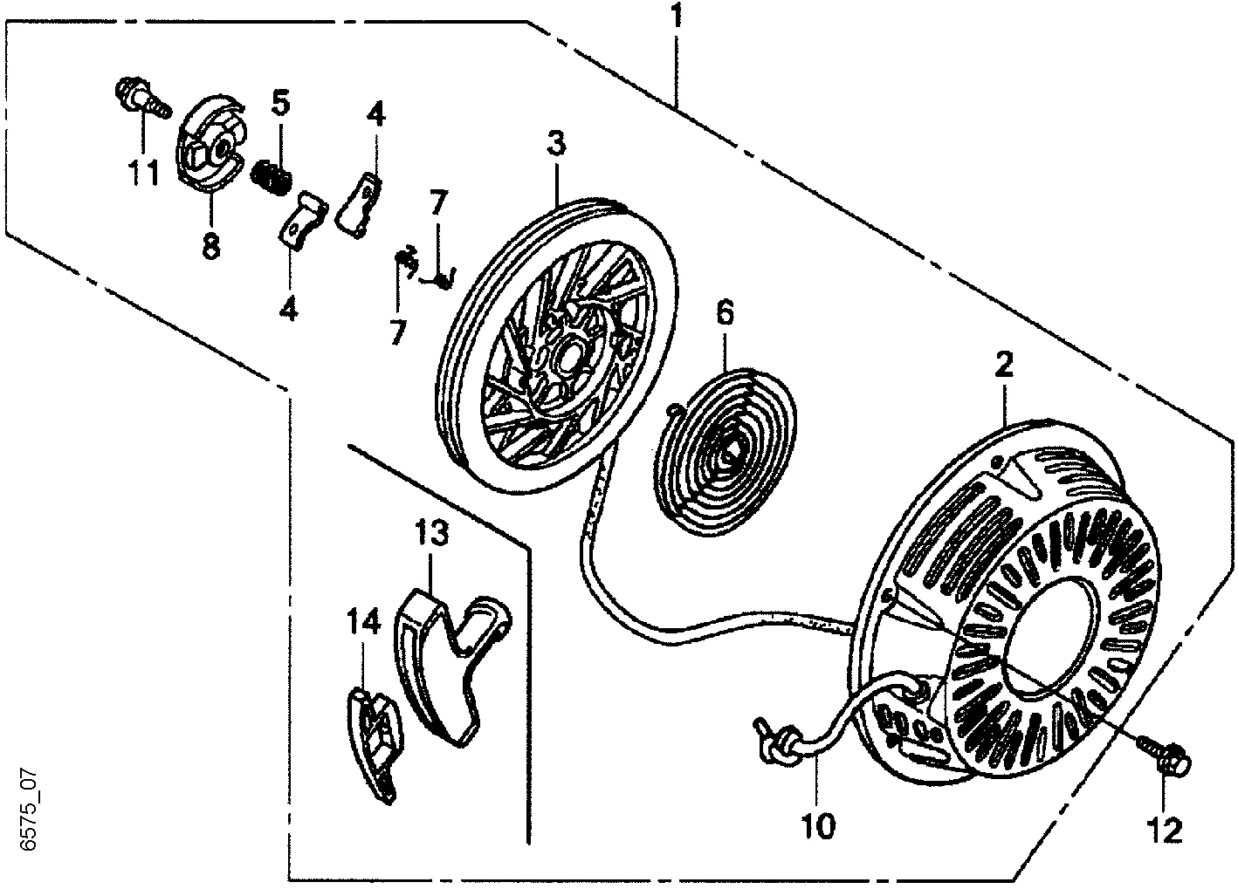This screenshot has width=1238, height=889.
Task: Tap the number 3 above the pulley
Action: coord(556,141)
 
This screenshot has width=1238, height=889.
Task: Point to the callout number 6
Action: coord(726,312)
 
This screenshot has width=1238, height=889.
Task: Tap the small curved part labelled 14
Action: coord(371,742)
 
